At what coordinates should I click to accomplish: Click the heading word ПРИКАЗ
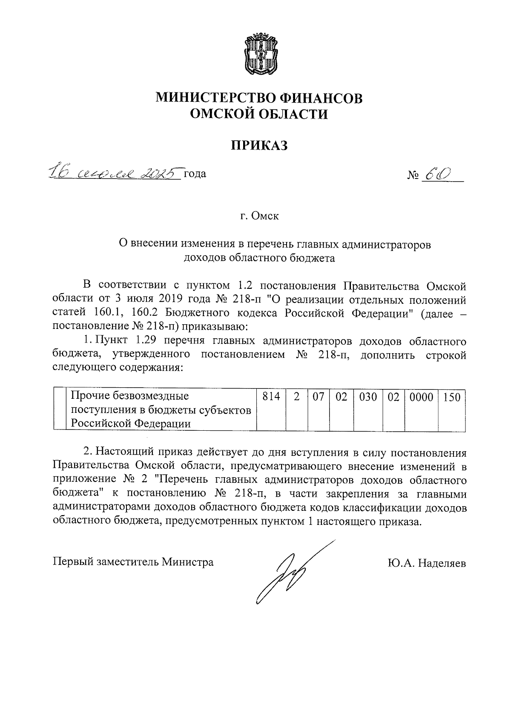point(259,145)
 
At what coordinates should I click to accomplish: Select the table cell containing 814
point(271,398)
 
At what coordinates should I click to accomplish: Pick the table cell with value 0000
point(421,398)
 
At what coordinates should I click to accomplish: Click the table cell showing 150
point(451,398)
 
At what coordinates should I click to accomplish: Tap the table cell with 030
point(368,398)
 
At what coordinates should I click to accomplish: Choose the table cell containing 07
point(319,398)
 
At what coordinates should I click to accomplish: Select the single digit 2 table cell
point(297,398)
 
